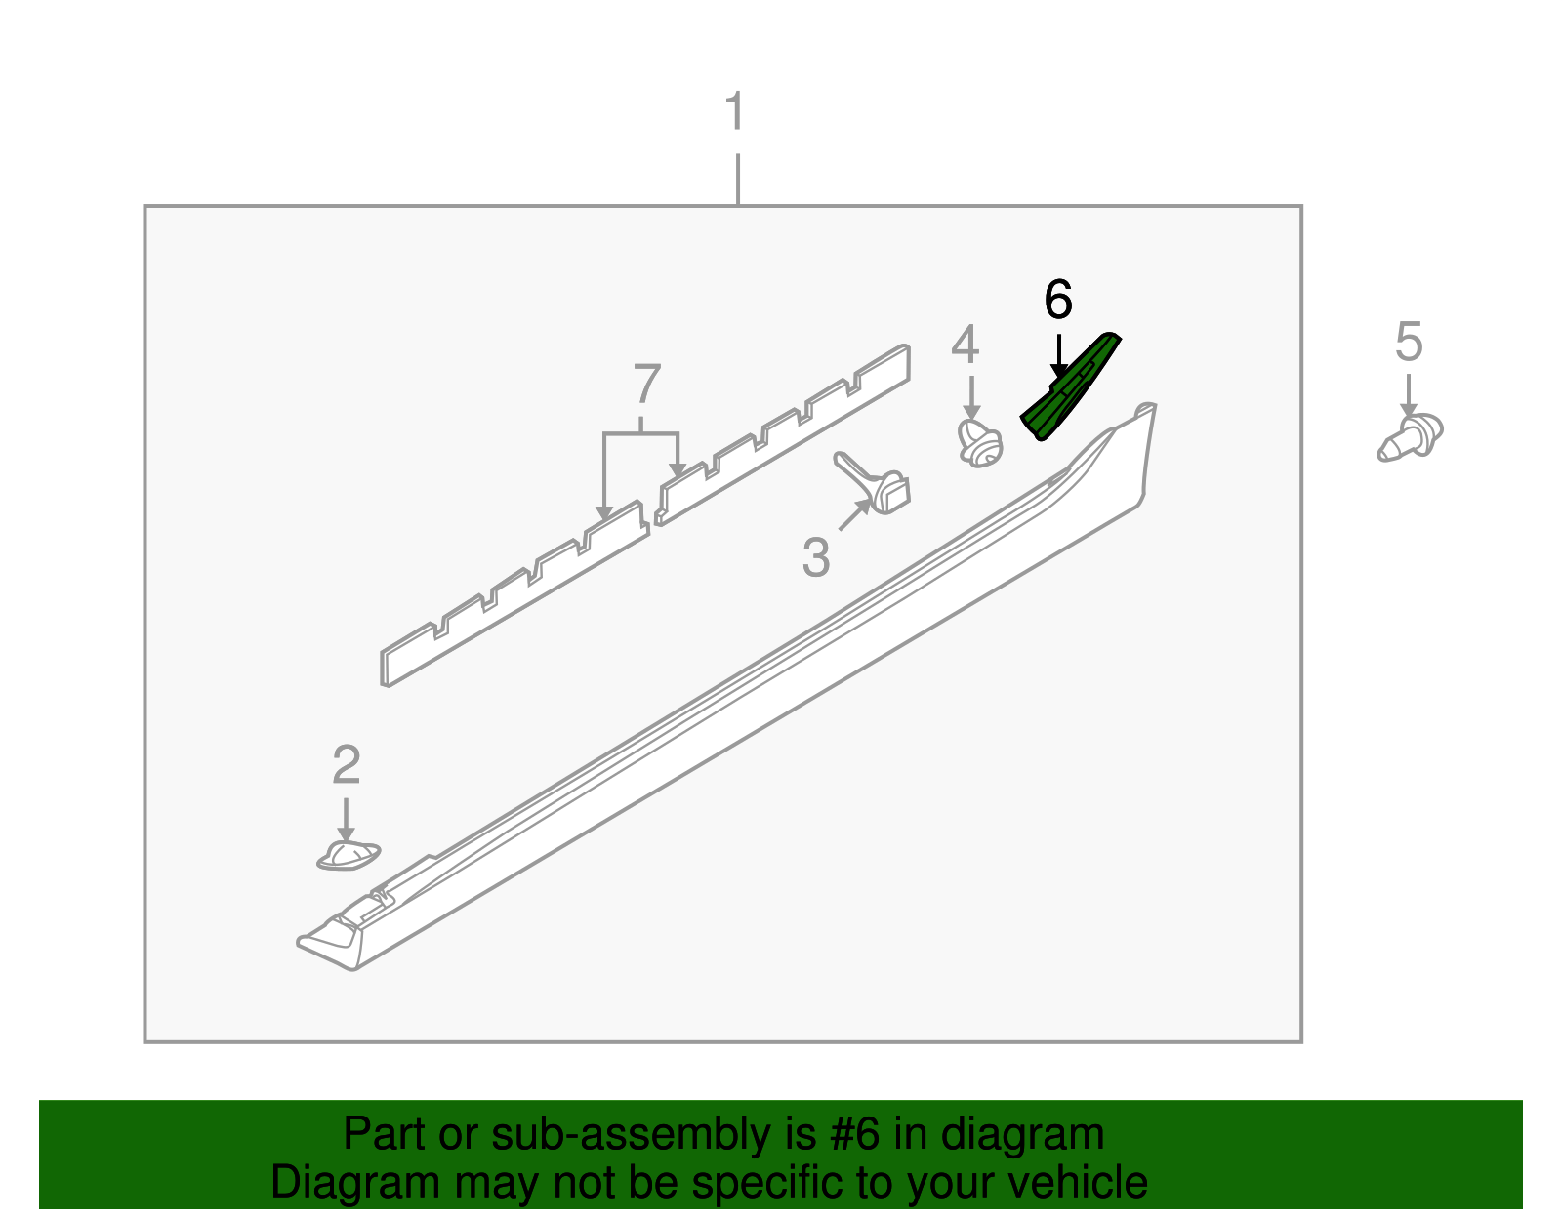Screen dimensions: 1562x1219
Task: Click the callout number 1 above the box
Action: point(735,110)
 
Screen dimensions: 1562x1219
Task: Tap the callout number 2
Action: point(347,764)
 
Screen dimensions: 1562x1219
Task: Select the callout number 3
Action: point(816,557)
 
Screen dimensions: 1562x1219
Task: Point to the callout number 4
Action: point(965,345)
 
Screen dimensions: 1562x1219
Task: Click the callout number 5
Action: point(1409,342)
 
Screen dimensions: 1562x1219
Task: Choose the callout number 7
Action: point(647,384)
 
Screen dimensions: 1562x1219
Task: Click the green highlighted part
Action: point(1070,387)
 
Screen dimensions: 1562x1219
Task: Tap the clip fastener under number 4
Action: point(980,443)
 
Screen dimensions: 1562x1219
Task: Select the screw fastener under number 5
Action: point(1410,437)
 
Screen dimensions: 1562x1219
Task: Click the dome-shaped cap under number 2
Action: point(348,855)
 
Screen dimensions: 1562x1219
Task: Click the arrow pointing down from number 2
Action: point(346,819)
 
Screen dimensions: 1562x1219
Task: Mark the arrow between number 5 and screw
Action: point(1408,395)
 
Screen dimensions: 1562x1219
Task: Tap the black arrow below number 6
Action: point(1058,356)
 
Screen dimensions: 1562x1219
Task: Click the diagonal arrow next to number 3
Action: point(854,514)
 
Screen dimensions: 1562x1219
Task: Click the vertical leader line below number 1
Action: point(738,180)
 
